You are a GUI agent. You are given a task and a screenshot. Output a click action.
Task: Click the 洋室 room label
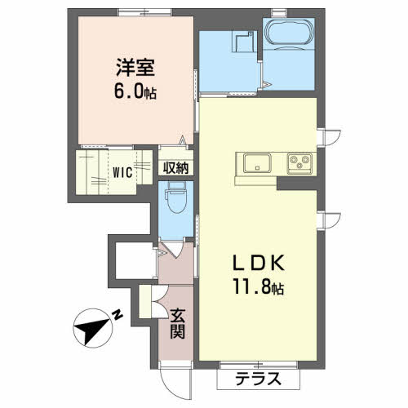pyautogui.click(x=135, y=67)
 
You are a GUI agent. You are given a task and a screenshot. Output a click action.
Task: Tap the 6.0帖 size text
pyautogui.click(x=135, y=91)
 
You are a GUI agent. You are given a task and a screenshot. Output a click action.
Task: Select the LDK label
pyautogui.click(x=259, y=263)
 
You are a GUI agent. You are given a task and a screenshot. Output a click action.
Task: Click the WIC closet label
pyautogui.click(x=122, y=172)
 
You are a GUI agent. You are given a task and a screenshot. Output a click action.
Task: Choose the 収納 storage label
pyautogui.click(x=175, y=168)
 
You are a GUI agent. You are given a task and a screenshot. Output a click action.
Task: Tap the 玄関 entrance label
pyautogui.click(x=178, y=324)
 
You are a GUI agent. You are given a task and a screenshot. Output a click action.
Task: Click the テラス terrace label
pyautogui.click(x=258, y=379)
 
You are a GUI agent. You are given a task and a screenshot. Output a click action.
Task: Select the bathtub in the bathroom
pyautogui.click(x=290, y=33)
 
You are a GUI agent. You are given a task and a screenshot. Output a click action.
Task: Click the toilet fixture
pyautogui.click(x=177, y=197)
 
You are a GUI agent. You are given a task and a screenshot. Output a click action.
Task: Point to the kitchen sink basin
pyautogui.click(x=257, y=163)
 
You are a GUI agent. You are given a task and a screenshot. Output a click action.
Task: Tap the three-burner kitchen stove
pyautogui.click(x=299, y=163)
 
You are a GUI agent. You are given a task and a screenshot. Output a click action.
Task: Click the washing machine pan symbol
pyautogui.click(x=243, y=42)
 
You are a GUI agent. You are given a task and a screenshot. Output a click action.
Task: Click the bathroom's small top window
pyautogui.click(x=279, y=13)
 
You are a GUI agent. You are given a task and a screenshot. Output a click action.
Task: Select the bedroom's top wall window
pyautogui.click(x=145, y=12)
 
